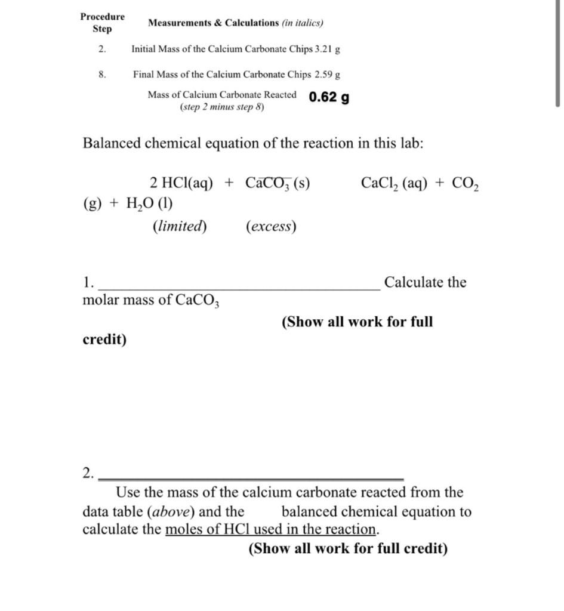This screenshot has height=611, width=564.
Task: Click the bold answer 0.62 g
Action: (x=329, y=97)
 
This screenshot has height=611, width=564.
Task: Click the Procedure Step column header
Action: (x=102, y=23)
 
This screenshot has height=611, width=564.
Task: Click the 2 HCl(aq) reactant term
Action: (x=181, y=183)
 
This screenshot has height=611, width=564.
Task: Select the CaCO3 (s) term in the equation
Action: (x=277, y=183)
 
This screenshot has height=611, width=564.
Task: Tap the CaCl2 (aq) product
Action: (x=393, y=183)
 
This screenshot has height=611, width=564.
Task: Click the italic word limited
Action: (x=180, y=227)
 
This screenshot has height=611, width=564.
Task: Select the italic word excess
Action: (x=271, y=227)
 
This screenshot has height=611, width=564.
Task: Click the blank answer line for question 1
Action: (x=239, y=288)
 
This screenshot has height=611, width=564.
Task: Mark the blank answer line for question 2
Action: (x=251, y=478)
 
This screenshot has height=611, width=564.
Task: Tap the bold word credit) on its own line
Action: (x=104, y=340)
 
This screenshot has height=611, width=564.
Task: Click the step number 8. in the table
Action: (x=103, y=75)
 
